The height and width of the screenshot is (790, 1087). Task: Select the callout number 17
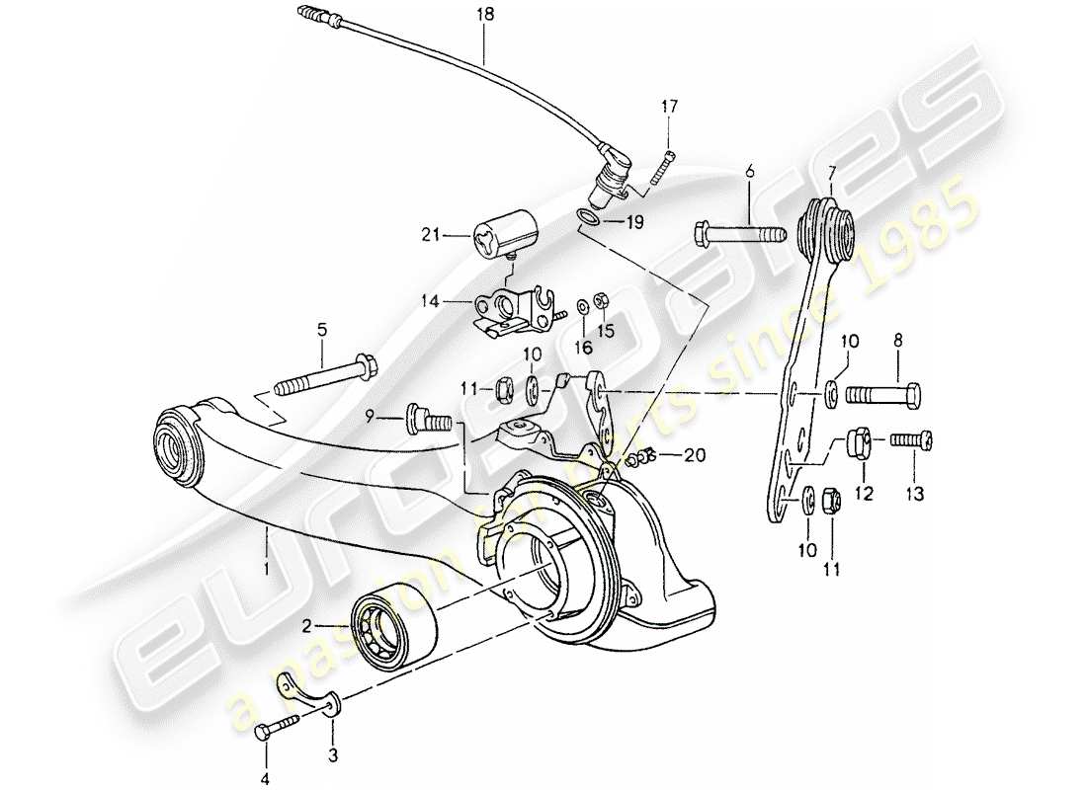point(670,106)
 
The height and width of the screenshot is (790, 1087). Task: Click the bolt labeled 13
point(915,440)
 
